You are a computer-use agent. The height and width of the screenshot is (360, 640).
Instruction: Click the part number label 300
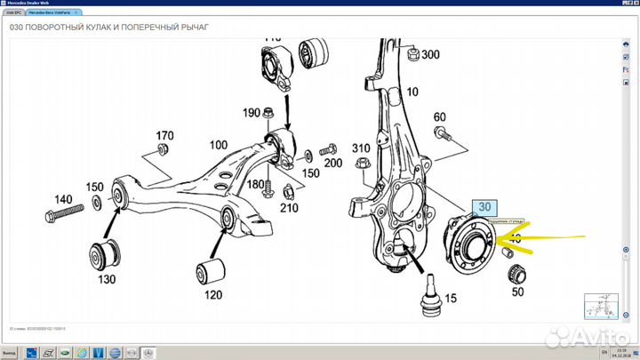pos(430,55)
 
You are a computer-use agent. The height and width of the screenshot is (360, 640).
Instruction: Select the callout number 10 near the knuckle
pos(412,92)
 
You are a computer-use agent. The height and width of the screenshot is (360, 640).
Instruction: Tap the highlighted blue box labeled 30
pos(484,207)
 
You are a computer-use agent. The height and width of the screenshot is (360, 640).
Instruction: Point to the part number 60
pos(439,117)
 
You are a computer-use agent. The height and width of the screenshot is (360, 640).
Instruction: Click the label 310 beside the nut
pos(360,148)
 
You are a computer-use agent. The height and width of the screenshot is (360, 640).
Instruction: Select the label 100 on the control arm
pos(219,144)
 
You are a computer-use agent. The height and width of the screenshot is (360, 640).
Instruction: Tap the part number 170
pos(164,136)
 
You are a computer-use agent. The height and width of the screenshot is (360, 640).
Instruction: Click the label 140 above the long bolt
pos(63,199)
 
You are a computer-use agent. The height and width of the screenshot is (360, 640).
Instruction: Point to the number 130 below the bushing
pos(107,279)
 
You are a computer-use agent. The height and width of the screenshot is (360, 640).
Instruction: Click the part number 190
pos(252,113)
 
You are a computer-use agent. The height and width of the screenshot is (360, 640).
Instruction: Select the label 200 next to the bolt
pos(332,163)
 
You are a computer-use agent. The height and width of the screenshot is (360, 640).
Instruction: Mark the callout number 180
pos(256,184)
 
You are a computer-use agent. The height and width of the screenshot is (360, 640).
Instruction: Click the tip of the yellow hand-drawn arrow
pos(502,239)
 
